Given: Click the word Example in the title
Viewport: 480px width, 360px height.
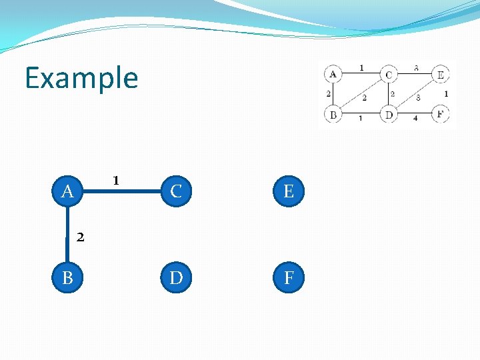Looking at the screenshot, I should [81, 78].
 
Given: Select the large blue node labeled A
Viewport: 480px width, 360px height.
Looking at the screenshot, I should [67, 192].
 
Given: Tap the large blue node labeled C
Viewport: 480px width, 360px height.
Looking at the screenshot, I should [176, 192].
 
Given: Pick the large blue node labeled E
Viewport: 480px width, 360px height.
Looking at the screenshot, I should [289, 192].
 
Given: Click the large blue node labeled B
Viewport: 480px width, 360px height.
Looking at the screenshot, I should [67, 277].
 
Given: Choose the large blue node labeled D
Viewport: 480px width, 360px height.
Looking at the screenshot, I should [176, 277].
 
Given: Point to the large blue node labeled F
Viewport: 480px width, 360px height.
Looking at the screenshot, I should [289, 277].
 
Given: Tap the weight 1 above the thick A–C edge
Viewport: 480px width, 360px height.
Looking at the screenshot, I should [116, 180].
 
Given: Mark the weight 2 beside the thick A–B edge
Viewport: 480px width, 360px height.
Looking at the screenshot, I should [80, 236].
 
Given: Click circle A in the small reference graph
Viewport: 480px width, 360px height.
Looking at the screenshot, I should [333, 73].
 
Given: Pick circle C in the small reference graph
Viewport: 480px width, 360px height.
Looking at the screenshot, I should [389, 74].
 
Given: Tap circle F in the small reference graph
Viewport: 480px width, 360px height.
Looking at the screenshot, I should [440, 114].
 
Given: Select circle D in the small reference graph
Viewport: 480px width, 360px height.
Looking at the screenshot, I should [389, 115].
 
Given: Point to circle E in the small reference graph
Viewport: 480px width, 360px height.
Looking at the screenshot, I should [440, 74].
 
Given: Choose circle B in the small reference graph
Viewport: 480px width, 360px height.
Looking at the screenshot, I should [333, 115].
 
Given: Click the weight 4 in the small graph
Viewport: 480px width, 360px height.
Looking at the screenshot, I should [415, 119].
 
